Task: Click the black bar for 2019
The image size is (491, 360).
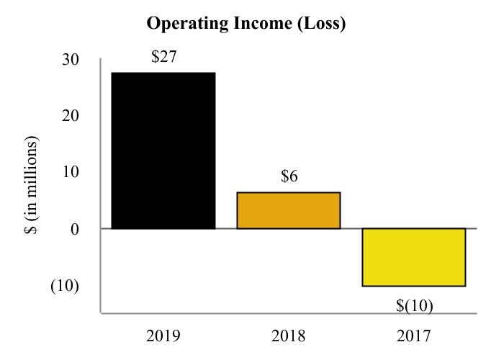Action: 163,150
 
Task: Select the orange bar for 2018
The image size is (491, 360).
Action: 289,210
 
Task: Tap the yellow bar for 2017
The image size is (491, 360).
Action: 414,257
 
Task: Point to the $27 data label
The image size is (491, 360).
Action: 163,57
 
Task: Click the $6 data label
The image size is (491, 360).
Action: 289,176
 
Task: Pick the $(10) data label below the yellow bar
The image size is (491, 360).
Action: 415,305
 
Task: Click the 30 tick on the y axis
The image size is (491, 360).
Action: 71,60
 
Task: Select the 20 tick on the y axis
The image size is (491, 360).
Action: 71,116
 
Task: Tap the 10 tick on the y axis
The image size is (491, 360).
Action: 71,172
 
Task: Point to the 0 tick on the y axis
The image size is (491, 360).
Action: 75,230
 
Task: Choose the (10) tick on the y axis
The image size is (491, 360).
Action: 65,286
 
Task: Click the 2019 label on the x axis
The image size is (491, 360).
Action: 163,336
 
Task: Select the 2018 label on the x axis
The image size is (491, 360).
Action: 289,336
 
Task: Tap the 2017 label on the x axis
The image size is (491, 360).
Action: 414,336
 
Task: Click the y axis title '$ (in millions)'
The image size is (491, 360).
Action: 31,185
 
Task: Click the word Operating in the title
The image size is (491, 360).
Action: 188,24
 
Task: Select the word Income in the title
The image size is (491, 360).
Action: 263,23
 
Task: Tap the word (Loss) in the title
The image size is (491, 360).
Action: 322,24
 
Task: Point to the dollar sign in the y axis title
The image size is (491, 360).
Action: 31,230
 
